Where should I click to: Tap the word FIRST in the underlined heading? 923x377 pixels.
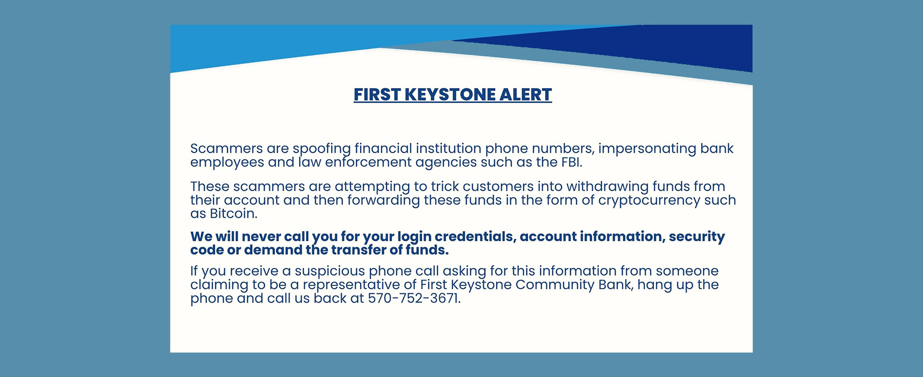(x=377, y=94)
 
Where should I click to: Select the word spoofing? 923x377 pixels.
(x=322, y=149)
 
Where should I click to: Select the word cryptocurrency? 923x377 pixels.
(x=648, y=201)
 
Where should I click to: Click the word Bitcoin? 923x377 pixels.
(x=233, y=214)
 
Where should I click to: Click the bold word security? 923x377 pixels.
(x=697, y=237)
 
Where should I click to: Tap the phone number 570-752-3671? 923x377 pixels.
(x=414, y=298)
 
